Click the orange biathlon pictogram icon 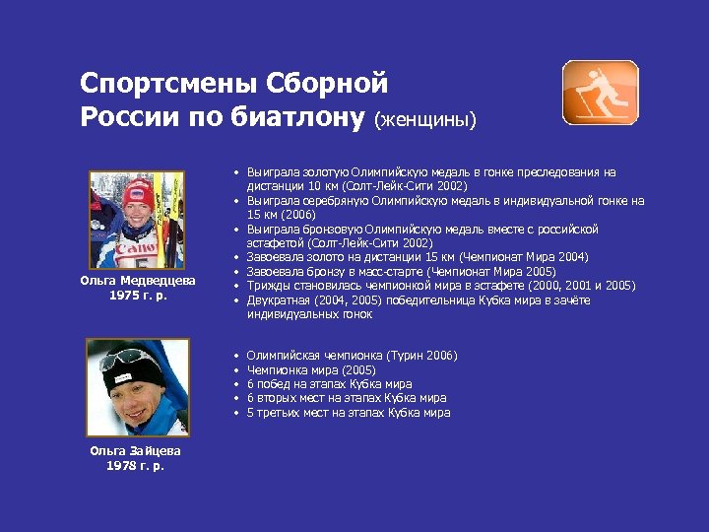[600, 92]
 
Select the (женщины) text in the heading [424, 119]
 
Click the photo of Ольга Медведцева [137, 220]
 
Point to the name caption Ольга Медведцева [137, 281]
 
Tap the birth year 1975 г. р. [137, 295]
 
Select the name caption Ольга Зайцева [137, 451]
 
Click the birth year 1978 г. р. [137, 465]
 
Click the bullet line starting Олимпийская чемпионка [352, 356]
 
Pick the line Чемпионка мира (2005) [311, 369]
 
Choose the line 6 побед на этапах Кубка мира [329, 384]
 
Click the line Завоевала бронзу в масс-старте [401, 272]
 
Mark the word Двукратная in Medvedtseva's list [279, 300]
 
